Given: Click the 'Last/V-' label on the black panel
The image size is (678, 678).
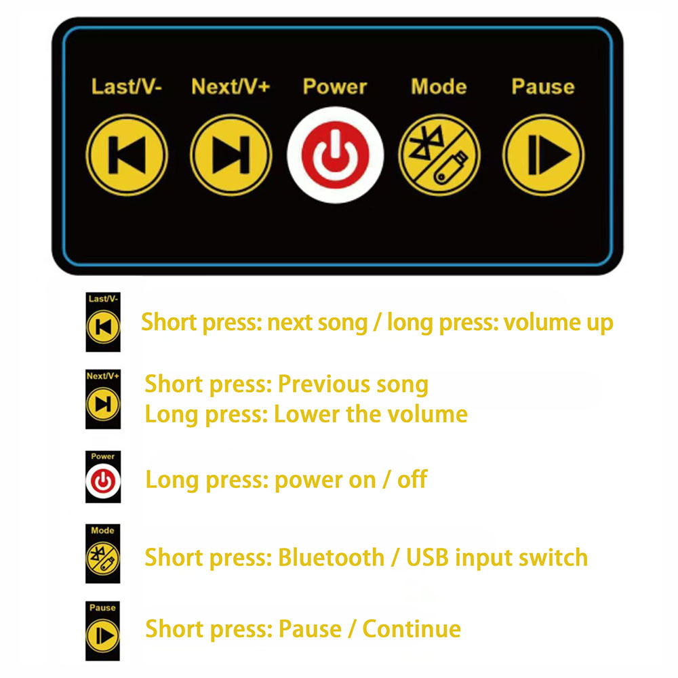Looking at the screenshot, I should [x=127, y=87].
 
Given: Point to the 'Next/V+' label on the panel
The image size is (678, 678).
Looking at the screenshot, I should [x=231, y=87].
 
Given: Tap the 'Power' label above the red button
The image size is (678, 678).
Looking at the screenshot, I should [x=335, y=87].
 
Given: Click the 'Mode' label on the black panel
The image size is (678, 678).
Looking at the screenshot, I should [x=439, y=87].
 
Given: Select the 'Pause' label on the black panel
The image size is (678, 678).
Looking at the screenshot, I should [x=542, y=87].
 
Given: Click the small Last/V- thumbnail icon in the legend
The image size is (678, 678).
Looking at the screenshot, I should [x=102, y=323].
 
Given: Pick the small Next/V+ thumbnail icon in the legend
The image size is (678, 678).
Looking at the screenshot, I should [x=102, y=400].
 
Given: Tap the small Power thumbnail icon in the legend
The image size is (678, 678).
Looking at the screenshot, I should [x=102, y=477].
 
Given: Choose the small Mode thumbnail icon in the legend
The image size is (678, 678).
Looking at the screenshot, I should [x=102, y=554].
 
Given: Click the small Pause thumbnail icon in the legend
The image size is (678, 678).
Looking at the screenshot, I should [x=102, y=631].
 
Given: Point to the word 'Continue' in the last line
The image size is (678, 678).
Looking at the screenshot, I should [x=412, y=629].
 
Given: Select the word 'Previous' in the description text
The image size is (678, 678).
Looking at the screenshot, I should [x=317, y=384].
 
